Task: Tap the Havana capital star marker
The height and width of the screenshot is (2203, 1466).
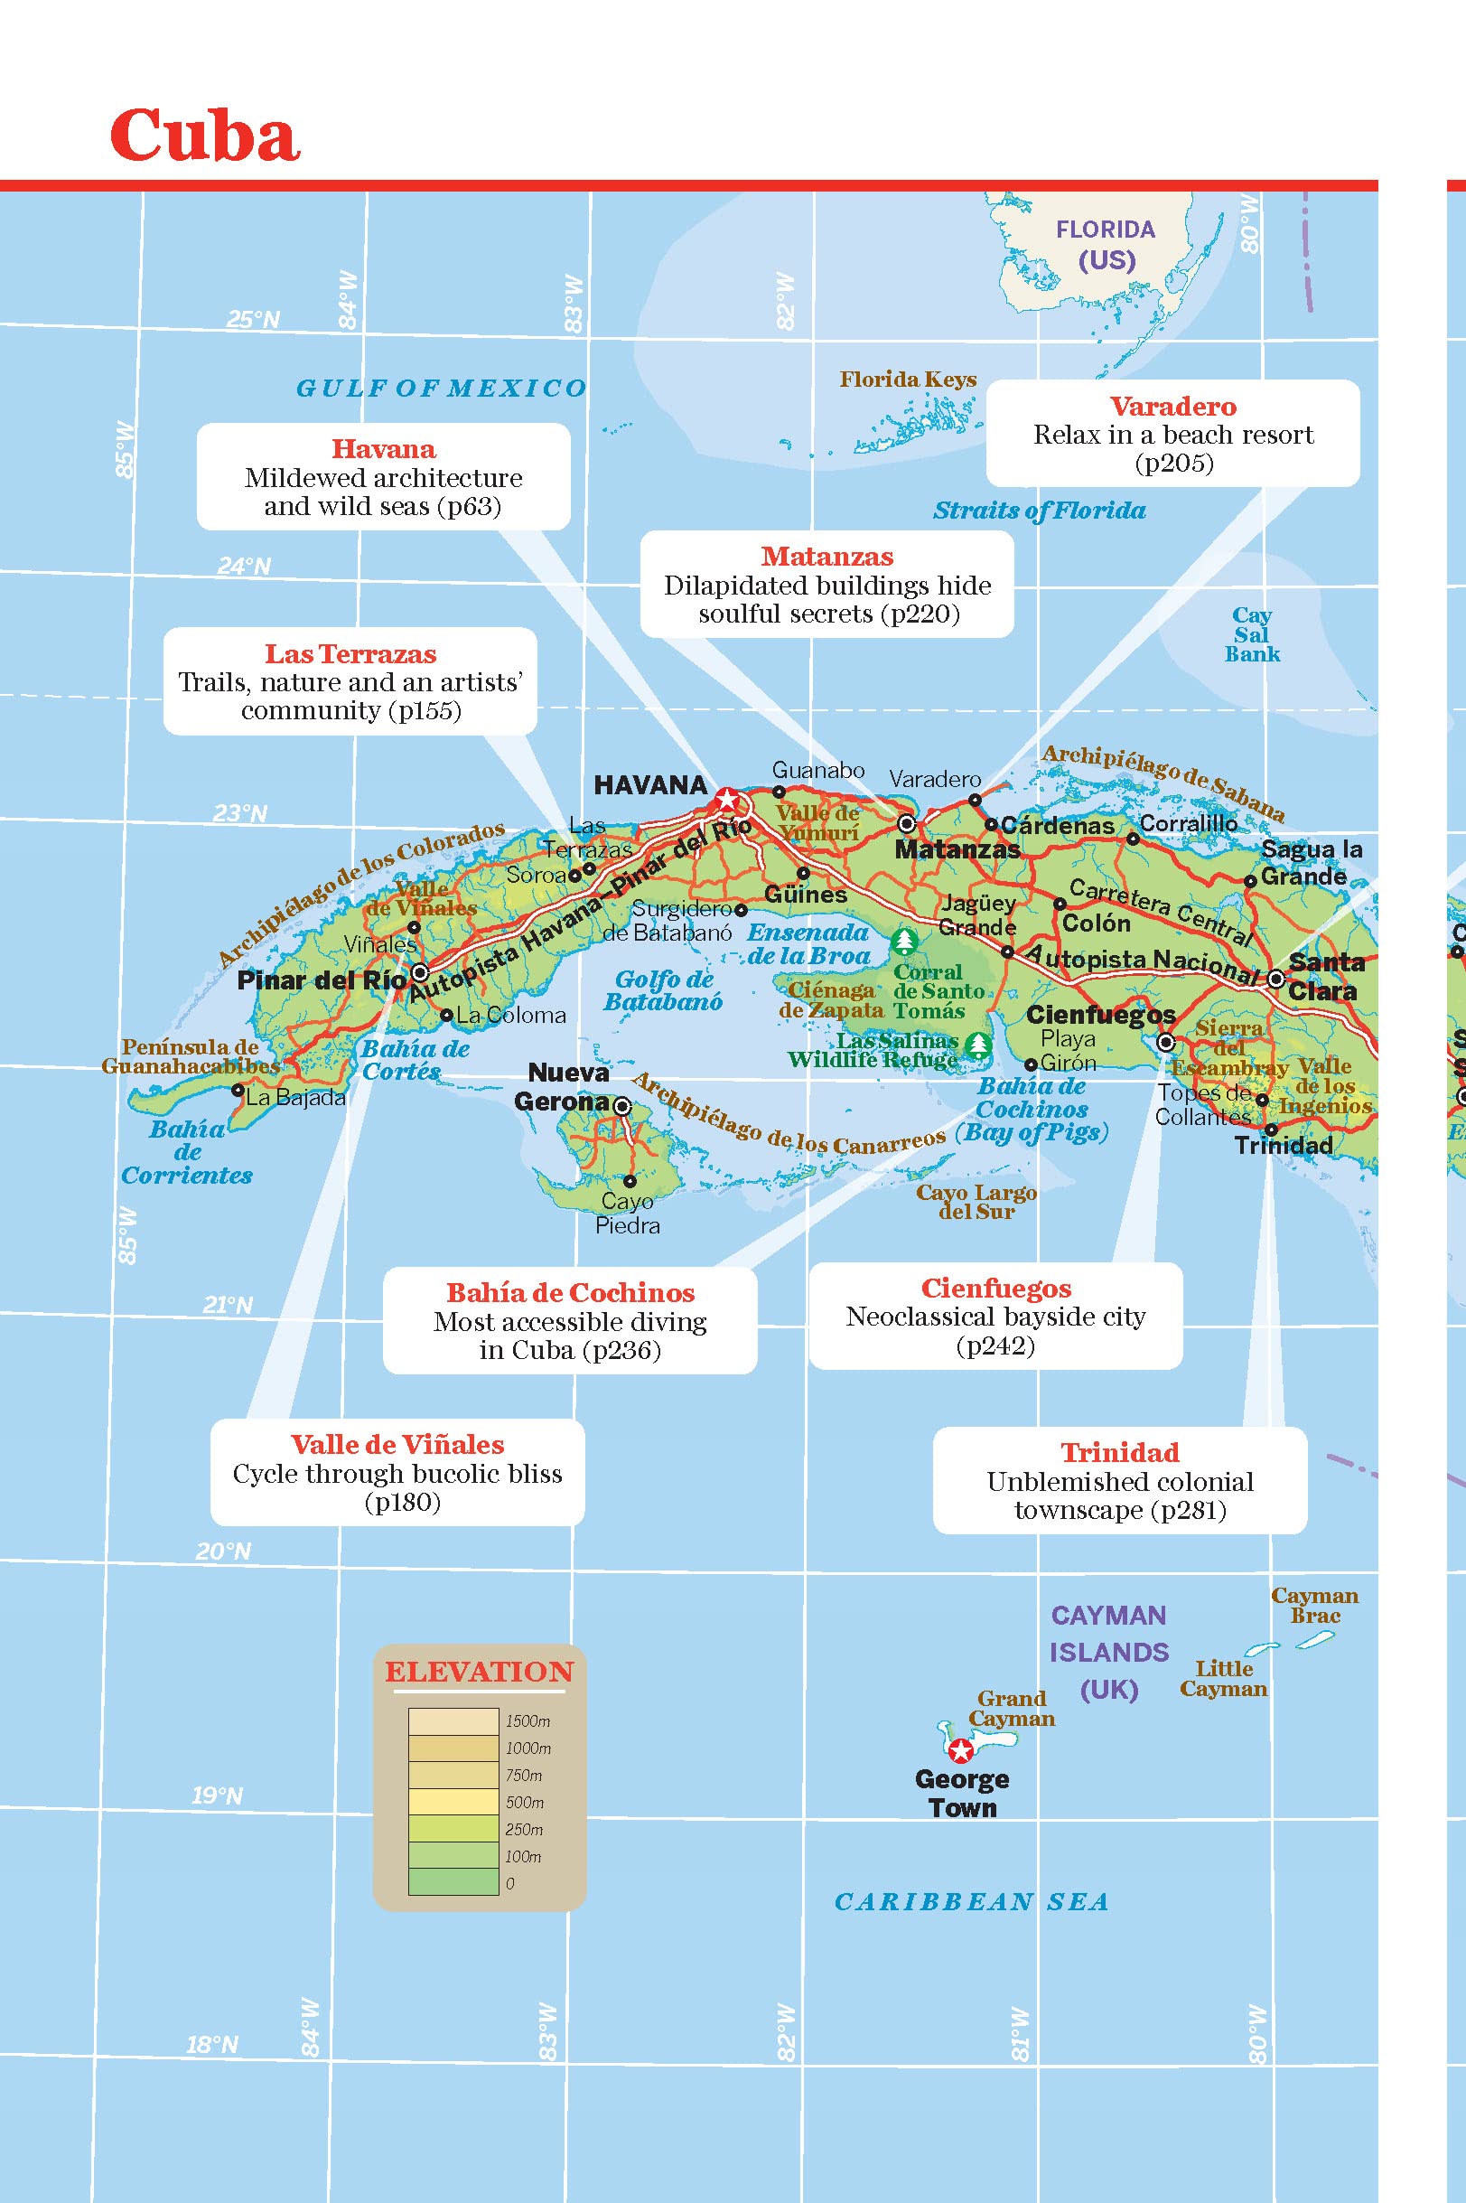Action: (726, 801)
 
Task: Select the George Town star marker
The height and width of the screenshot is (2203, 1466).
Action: (959, 1750)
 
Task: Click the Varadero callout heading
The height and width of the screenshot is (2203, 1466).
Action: (1172, 407)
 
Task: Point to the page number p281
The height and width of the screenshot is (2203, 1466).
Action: (1189, 1510)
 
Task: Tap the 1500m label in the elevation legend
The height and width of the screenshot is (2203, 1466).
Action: (528, 1721)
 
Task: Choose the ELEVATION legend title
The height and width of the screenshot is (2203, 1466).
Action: (479, 1672)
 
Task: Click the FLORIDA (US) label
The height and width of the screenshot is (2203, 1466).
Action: (1105, 244)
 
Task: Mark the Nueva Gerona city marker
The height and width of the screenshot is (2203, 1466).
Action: (621, 1106)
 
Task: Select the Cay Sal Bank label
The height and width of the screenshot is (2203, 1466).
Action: (1251, 635)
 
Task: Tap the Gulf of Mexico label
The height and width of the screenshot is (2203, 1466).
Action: (441, 388)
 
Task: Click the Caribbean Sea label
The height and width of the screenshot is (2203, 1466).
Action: (970, 1902)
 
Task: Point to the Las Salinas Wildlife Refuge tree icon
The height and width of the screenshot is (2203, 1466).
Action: (978, 1043)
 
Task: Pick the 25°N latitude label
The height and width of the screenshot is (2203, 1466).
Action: (252, 320)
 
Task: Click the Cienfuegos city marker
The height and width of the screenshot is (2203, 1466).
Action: (1166, 1042)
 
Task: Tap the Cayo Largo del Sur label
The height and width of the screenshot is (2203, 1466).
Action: (976, 1202)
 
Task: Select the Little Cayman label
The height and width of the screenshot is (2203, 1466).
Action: (1223, 1678)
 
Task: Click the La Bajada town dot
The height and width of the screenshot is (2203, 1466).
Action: (238, 1091)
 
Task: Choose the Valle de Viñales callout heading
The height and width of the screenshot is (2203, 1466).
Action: (397, 1445)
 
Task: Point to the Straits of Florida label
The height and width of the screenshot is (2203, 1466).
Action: (1039, 511)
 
